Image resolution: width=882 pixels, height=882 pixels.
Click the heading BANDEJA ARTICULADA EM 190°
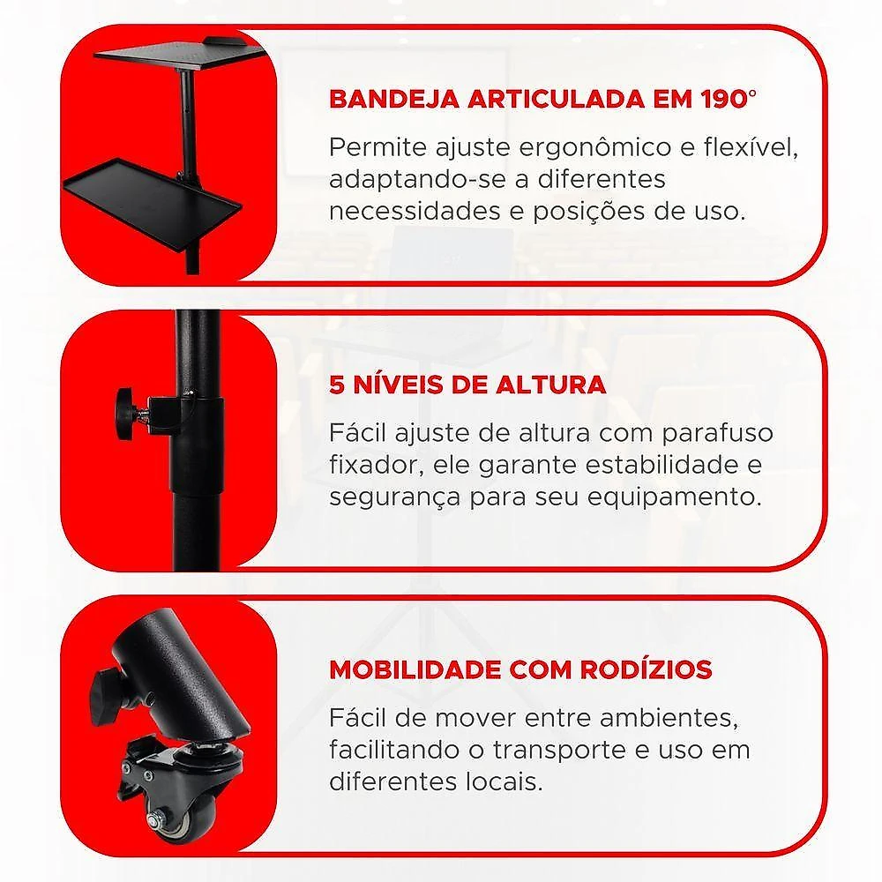542,99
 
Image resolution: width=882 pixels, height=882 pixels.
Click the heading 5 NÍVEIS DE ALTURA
467,385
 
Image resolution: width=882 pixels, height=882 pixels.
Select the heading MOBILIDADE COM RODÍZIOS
520,669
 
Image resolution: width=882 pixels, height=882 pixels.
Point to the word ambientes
669,718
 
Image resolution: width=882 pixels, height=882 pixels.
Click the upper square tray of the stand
179,56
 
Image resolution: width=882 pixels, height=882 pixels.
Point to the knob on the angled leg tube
105,690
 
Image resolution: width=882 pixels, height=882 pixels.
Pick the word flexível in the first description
751,147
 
